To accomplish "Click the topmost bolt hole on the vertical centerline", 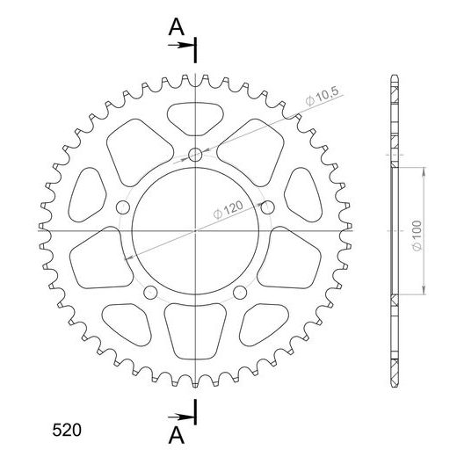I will [195, 156].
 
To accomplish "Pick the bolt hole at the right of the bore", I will [268, 207].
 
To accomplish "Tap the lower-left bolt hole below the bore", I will [150, 292].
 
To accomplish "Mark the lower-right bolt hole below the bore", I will [240, 292].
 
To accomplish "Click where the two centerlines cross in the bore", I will [195, 230].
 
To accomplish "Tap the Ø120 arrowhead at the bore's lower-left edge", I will [133, 256].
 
